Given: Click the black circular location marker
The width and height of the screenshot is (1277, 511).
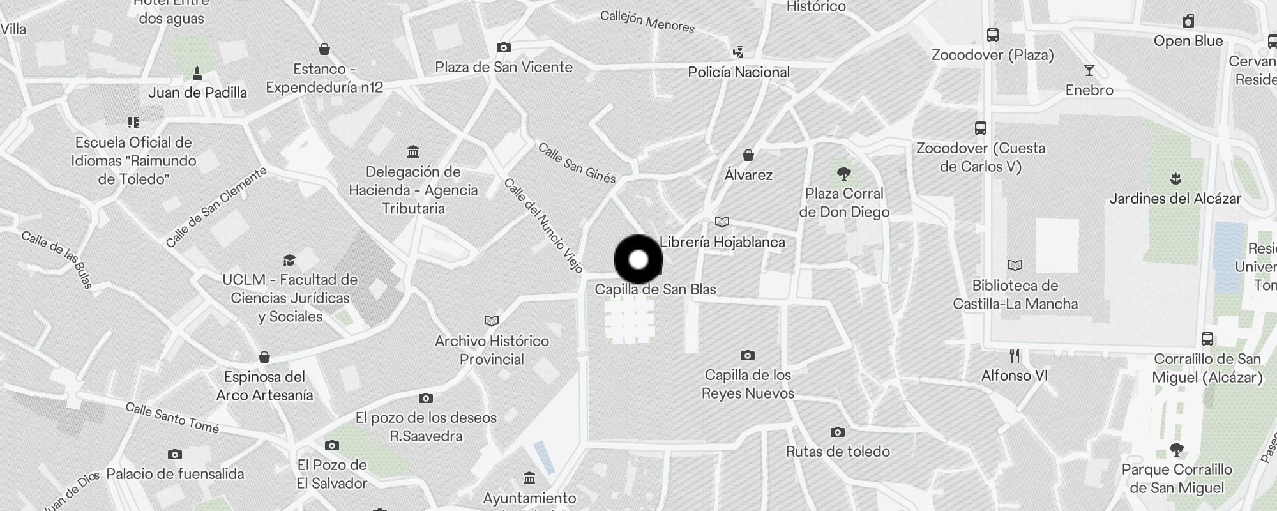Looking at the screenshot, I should tap(638, 259).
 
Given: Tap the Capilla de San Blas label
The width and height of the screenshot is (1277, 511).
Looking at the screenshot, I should tap(655, 289).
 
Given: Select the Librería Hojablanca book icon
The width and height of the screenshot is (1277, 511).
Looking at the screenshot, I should tap(722, 222).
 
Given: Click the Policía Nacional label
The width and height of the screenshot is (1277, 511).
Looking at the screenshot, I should tap(739, 72).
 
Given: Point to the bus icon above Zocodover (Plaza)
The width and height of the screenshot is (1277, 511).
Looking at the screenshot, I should tap(992, 35).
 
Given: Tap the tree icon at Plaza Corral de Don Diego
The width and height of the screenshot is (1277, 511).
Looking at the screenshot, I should tap(844, 173).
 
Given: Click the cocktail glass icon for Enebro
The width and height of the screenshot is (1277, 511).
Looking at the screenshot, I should tap(1089, 70).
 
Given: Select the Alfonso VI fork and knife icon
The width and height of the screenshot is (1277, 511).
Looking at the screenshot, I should tap(1015, 355).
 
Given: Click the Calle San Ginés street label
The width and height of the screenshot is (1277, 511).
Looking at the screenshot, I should tap(577, 163).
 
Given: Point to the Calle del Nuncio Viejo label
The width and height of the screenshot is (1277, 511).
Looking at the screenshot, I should tap(543, 225).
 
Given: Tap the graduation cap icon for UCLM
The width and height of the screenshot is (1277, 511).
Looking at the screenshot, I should tap(289, 260).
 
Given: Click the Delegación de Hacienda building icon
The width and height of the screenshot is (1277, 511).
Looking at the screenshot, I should tap(413, 152).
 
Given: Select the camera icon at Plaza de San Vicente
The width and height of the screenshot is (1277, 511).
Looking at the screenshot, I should tap(503, 47).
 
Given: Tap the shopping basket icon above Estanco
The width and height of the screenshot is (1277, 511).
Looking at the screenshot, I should tap(324, 49).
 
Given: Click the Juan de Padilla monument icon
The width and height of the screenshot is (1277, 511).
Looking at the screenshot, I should tap(197, 73).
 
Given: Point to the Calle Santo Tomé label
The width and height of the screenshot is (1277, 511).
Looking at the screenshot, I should tap(172, 418).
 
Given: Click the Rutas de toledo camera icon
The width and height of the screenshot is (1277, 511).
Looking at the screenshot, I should tap(837, 432).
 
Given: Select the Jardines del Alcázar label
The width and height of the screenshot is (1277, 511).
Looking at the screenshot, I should tap(1175, 199).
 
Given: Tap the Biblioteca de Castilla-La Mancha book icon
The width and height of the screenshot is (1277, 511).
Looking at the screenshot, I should tap(1015, 265).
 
